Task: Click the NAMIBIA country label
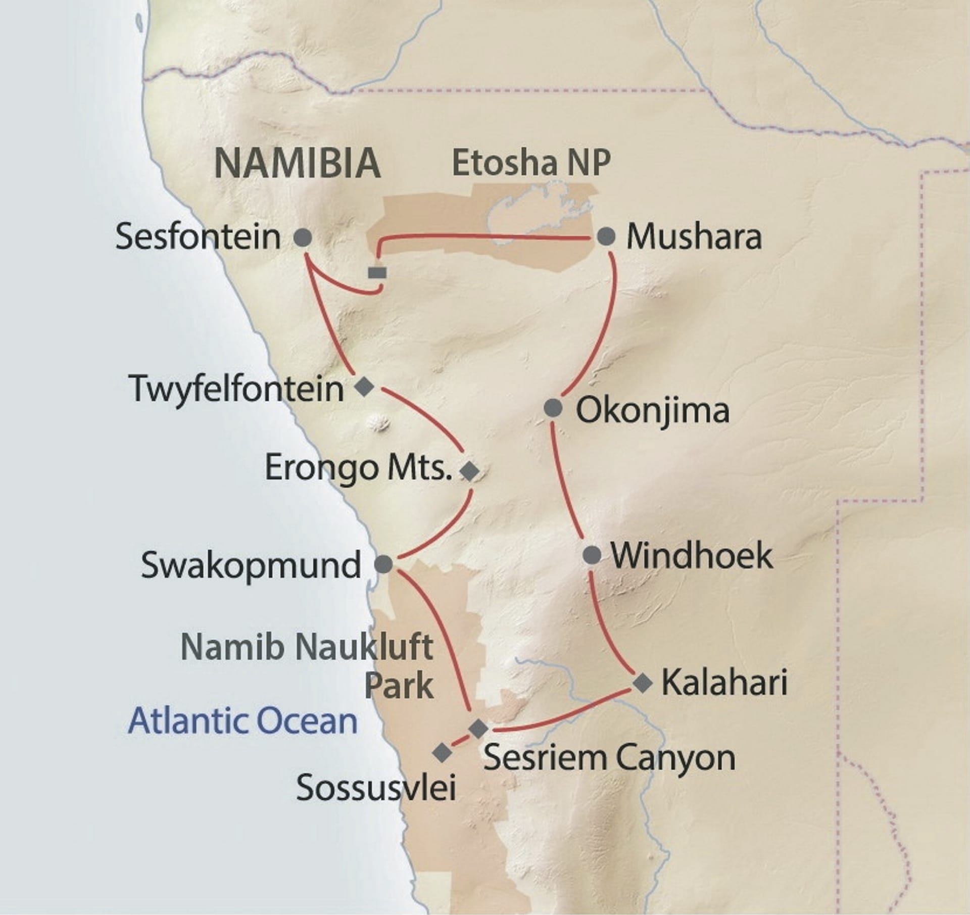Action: pyautogui.click(x=297, y=163)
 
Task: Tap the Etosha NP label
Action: pyautogui.click(x=531, y=163)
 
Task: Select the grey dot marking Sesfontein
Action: pyautogui.click(x=303, y=237)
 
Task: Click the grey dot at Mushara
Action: pyautogui.click(x=606, y=236)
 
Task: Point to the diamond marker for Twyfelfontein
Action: pyautogui.click(x=364, y=387)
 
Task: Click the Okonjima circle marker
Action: pyautogui.click(x=553, y=408)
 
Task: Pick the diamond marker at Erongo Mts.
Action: pyautogui.click(x=469, y=470)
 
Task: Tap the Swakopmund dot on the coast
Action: pyautogui.click(x=383, y=564)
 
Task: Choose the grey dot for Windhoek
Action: pyautogui.click(x=592, y=555)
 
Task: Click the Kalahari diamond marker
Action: pyautogui.click(x=643, y=683)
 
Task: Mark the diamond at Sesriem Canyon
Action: pyautogui.click(x=478, y=729)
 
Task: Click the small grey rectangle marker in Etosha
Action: pyautogui.click(x=377, y=273)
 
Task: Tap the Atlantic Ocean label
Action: pyautogui.click(x=243, y=721)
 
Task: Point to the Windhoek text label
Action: pyautogui.click(x=692, y=556)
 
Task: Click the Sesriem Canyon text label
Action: pyautogui.click(x=609, y=758)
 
